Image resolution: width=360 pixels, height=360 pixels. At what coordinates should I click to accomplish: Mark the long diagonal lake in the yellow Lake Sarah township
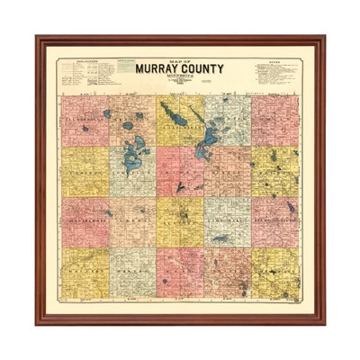[171, 114]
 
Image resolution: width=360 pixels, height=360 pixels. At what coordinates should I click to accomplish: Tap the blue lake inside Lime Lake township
[220, 238]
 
